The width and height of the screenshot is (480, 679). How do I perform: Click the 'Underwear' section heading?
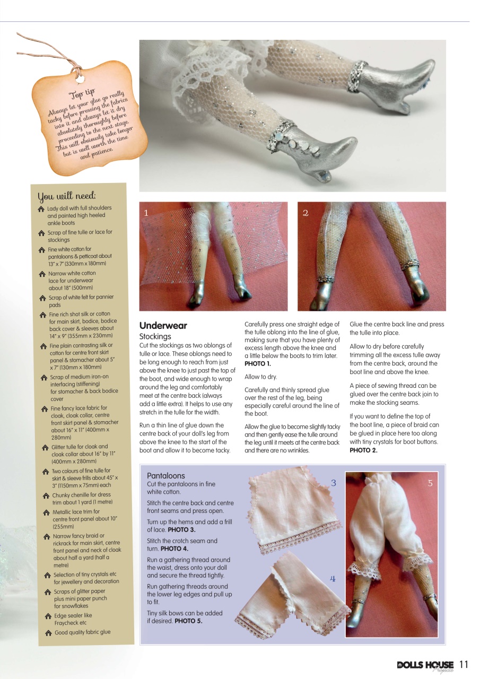point(163,326)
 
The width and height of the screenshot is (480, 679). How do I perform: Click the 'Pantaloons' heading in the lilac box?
point(165,476)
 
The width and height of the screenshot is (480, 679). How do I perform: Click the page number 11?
point(464,665)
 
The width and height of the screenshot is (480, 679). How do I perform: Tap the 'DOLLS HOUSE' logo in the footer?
point(425,665)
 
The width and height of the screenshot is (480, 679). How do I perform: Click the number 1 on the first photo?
point(147,213)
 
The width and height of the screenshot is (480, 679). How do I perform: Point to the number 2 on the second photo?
point(306,213)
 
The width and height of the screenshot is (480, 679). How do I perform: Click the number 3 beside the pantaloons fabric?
point(333,483)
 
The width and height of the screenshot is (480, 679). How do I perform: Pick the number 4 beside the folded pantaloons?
point(333,579)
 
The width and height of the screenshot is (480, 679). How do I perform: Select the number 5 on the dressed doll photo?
point(430,483)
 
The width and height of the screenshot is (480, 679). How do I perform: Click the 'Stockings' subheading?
point(155,336)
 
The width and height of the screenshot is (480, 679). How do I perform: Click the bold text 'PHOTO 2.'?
point(363,450)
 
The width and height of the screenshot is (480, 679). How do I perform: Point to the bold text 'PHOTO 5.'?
point(188,621)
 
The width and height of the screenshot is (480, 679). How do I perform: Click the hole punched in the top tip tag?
point(80,79)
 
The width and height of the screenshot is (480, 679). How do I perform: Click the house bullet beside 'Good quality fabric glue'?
point(48,632)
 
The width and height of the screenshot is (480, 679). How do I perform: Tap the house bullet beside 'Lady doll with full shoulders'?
point(41,209)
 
